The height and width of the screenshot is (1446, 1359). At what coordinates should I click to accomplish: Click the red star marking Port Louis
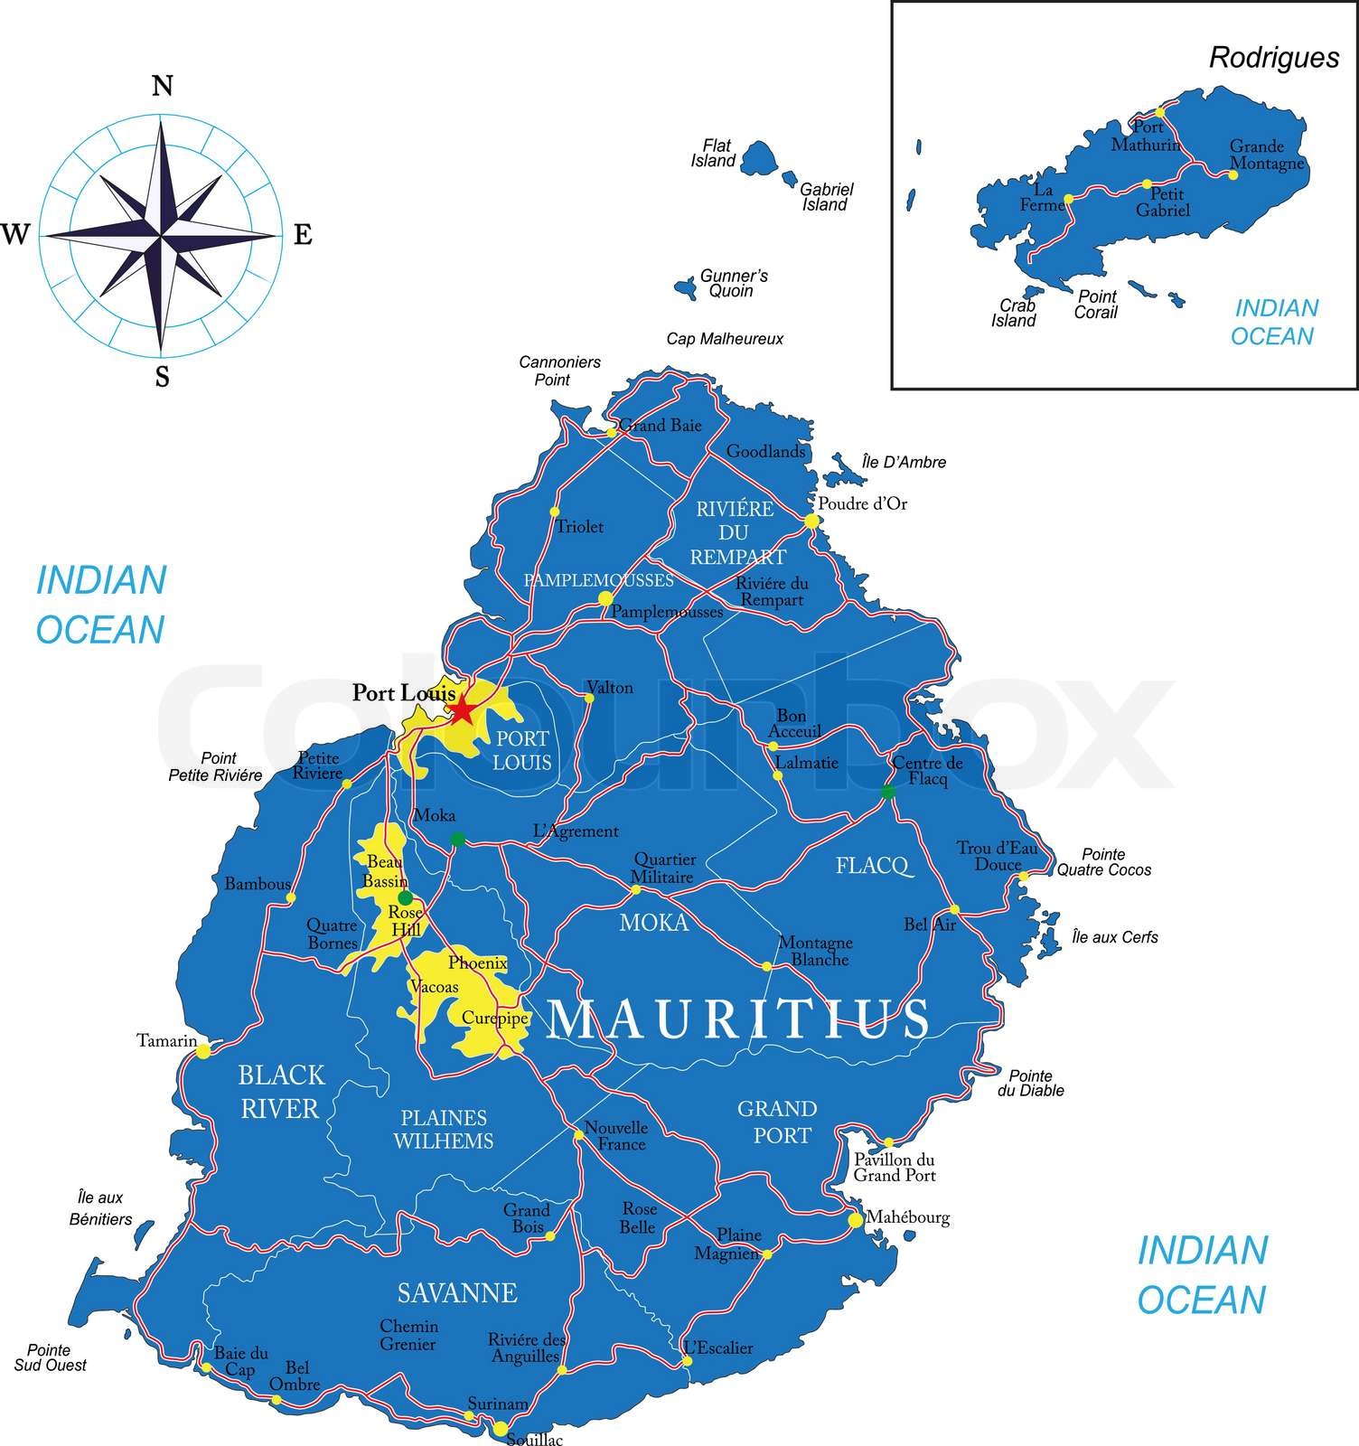pos(462,709)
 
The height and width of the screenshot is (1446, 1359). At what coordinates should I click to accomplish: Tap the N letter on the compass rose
pos(162,87)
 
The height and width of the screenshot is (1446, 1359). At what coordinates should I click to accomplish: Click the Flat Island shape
pos(759,158)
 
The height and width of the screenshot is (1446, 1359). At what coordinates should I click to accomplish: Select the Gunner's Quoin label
pos(734,283)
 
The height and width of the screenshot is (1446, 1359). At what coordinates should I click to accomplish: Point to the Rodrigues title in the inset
pos(1274,58)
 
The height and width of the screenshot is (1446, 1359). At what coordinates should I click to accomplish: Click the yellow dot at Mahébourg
pos(855,1220)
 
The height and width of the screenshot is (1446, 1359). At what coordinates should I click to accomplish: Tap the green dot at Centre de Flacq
pos(887,792)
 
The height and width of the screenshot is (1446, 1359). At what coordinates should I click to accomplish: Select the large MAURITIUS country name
pos(737,1019)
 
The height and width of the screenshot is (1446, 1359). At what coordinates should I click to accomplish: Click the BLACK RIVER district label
pos(280,1092)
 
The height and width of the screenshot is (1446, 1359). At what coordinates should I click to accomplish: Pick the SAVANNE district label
pos(457,1293)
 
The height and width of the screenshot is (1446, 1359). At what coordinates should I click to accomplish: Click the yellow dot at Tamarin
pos(203,1050)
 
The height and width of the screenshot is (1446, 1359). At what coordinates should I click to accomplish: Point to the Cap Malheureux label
pos(725,339)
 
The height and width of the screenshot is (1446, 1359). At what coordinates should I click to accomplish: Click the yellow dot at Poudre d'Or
pos(811,521)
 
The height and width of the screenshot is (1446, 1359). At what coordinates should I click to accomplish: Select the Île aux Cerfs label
pos(1114,937)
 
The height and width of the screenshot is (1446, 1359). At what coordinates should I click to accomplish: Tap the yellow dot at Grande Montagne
pos(1232,174)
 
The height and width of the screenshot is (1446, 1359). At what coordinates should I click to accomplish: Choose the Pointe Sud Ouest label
pos(50,1357)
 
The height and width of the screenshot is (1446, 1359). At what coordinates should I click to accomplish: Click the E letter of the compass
pos(303,235)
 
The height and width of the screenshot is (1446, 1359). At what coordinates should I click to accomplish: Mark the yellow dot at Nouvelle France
pos(578,1135)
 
